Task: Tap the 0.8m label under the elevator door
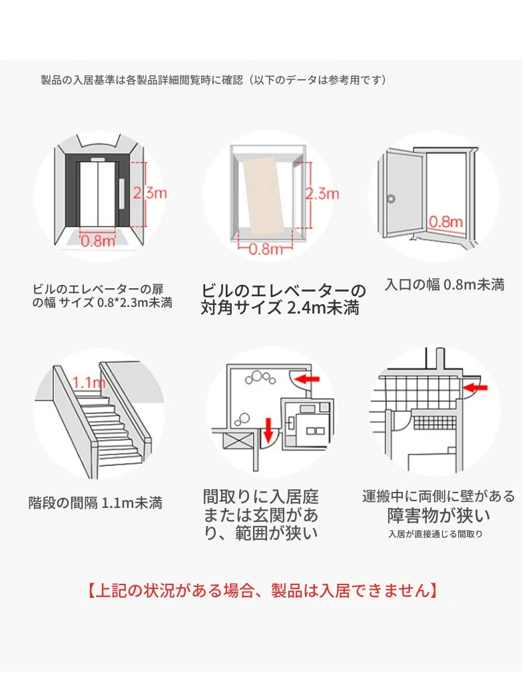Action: (99, 241)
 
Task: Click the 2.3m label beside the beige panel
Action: (322, 194)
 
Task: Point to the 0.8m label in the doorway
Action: (445, 222)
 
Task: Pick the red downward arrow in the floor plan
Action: (268, 431)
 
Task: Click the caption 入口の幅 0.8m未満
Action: (445, 285)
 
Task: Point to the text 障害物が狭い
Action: (439, 516)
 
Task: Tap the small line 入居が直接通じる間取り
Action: (435, 534)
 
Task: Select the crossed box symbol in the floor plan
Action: (234, 439)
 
